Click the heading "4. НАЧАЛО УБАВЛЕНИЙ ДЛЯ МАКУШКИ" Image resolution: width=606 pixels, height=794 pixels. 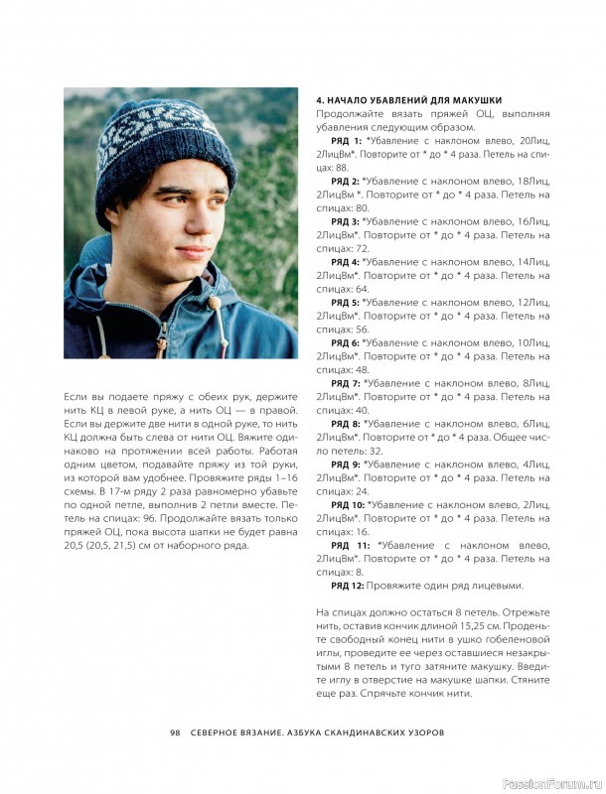pyautogui.click(x=408, y=100)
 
